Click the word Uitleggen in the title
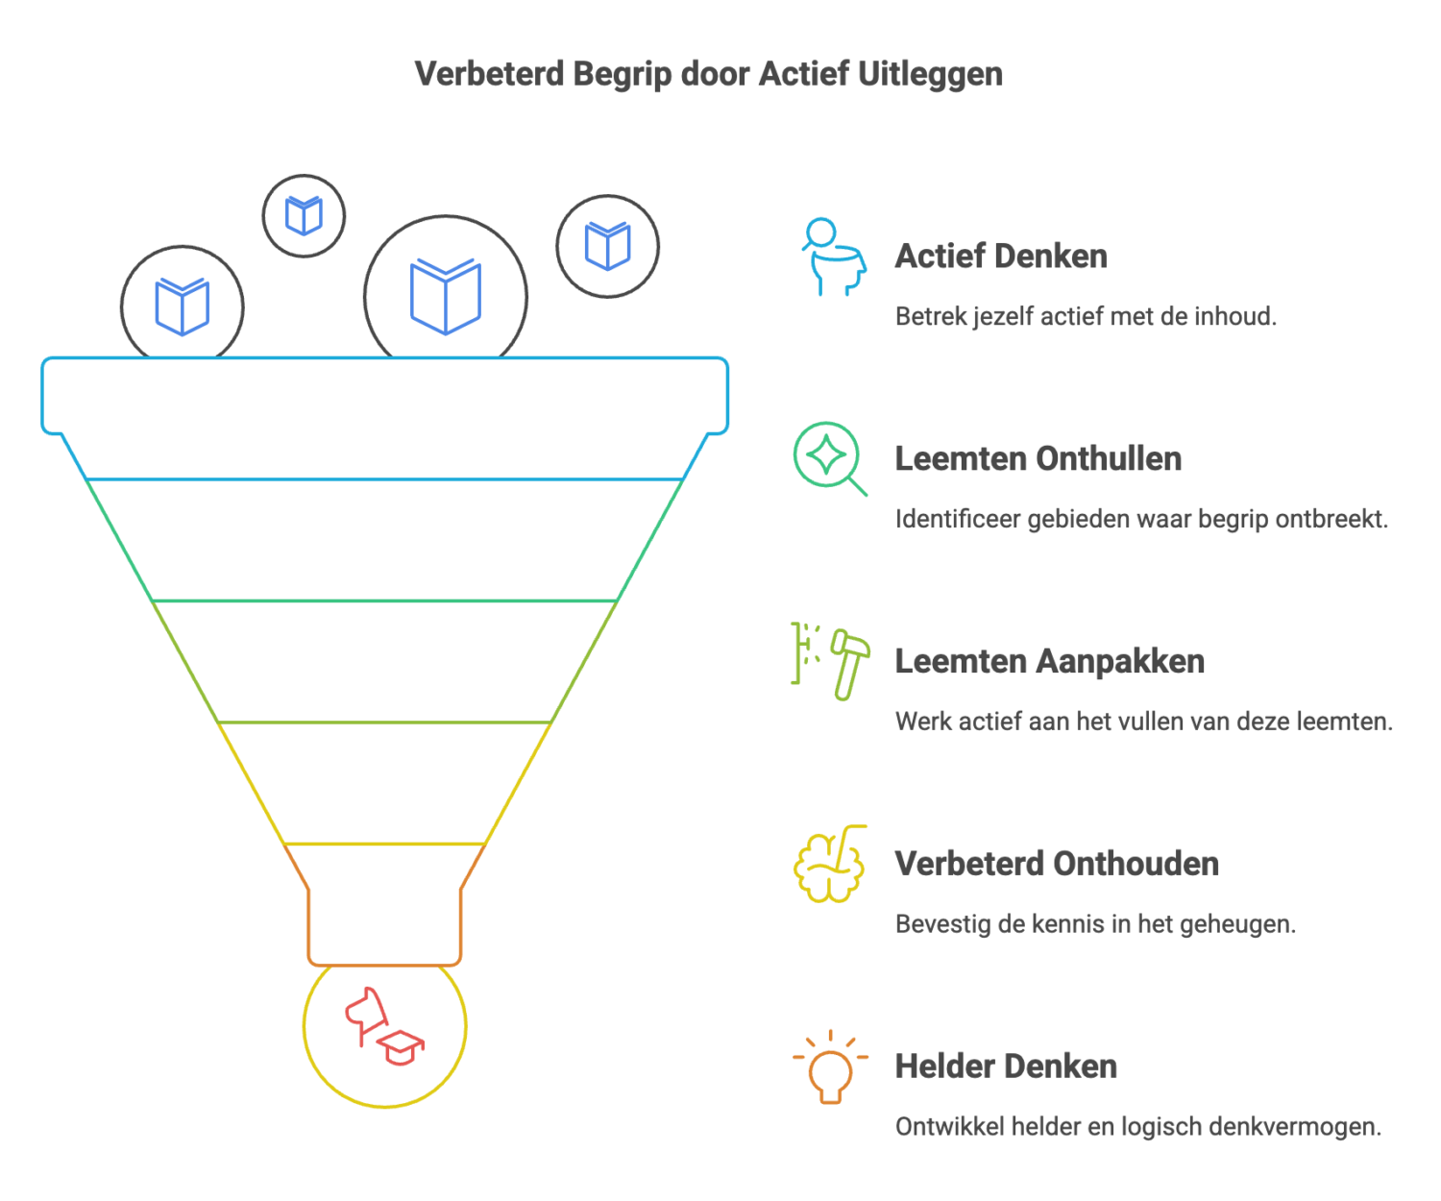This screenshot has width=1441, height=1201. [x=929, y=75]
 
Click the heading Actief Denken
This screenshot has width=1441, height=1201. [x=1001, y=257]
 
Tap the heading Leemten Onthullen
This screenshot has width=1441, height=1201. [x=1038, y=459]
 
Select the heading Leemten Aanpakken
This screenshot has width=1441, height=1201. [x=1049, y=662]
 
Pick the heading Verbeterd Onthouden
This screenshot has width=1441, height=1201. [x=1057, y=864]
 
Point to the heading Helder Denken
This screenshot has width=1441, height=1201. [x=1006, y=1066]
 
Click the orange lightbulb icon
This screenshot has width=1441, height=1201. [x=830, y=1068]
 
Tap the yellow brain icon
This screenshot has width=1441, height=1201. [x=829, y=864]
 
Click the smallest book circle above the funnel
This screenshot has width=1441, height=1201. [x=304, y=216]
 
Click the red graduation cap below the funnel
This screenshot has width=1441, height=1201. [x=401, y=1047]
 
